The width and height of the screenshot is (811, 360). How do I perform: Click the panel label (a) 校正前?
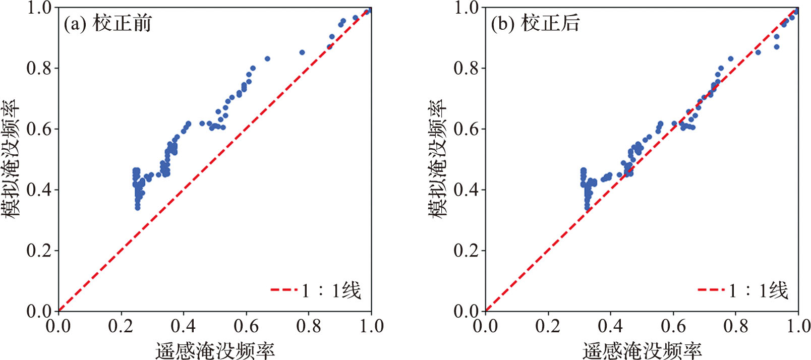(107, 24)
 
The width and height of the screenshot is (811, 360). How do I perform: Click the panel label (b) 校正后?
(535, 24)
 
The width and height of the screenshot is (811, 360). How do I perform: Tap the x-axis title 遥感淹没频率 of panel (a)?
(215, 350)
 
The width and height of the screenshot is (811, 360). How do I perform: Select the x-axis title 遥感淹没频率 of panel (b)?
(642, 350)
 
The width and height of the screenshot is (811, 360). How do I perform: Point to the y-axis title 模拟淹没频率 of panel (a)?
(11, 159)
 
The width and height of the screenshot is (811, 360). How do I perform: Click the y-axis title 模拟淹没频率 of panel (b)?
(438, 159)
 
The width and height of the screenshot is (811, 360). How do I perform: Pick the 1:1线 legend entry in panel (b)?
(743, 290)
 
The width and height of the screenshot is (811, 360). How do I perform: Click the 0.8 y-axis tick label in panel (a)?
(39, 68)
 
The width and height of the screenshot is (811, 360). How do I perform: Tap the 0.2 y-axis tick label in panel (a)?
(39, 251)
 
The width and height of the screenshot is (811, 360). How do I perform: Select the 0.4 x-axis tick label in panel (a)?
(183, 326)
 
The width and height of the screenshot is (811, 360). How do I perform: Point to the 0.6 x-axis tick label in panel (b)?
(673, 326)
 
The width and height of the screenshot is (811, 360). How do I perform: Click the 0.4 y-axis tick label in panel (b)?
(466, 190)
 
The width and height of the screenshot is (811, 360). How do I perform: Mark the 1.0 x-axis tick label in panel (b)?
(798, 326)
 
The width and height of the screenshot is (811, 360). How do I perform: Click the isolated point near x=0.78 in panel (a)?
(302, 52)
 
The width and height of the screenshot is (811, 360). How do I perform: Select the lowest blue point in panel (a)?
(137, 208)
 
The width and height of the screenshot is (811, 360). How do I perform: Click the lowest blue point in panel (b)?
(587, 208)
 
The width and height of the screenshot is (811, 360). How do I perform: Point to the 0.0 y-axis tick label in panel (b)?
(466, 311)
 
